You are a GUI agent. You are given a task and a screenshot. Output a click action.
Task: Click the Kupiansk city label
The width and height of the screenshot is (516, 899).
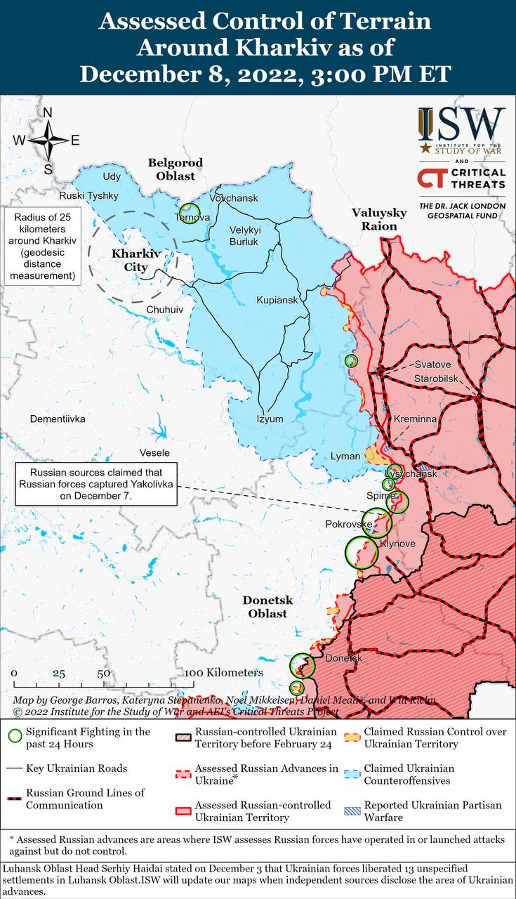[x=277, y=300]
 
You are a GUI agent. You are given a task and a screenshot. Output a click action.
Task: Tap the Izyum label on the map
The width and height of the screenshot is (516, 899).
[x=270, y=419]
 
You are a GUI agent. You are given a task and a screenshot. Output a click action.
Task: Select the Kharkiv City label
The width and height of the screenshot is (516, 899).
[x=131, y=260]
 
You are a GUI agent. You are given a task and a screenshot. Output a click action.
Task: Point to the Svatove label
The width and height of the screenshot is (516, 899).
[x=432, y=365]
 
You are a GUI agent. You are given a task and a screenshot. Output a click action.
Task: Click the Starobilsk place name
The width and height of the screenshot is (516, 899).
[x=438, y=379]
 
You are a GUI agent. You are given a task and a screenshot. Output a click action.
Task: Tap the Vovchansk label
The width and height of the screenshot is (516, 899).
[x=234, y=198]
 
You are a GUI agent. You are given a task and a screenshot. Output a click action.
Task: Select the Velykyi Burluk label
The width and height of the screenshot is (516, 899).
[x=245, y=236]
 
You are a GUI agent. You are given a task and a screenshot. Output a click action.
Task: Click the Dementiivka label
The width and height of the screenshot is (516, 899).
[x=58, y=419]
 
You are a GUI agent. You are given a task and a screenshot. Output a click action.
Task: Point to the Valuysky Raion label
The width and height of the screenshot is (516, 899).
[x=379, y=219]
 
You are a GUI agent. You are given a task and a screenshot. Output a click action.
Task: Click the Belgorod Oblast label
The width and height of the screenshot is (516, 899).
[x=175, y=169]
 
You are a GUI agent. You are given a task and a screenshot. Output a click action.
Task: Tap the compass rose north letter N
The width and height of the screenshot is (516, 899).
[x=48, y=113]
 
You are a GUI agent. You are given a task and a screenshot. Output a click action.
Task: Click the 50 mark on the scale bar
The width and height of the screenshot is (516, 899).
[x=103, y=673]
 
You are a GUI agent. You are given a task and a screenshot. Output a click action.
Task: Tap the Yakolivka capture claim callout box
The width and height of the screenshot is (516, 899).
[x=96, y=484]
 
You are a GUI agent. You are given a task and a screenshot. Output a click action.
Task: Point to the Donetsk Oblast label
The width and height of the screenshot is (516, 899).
[x=267, y=607]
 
